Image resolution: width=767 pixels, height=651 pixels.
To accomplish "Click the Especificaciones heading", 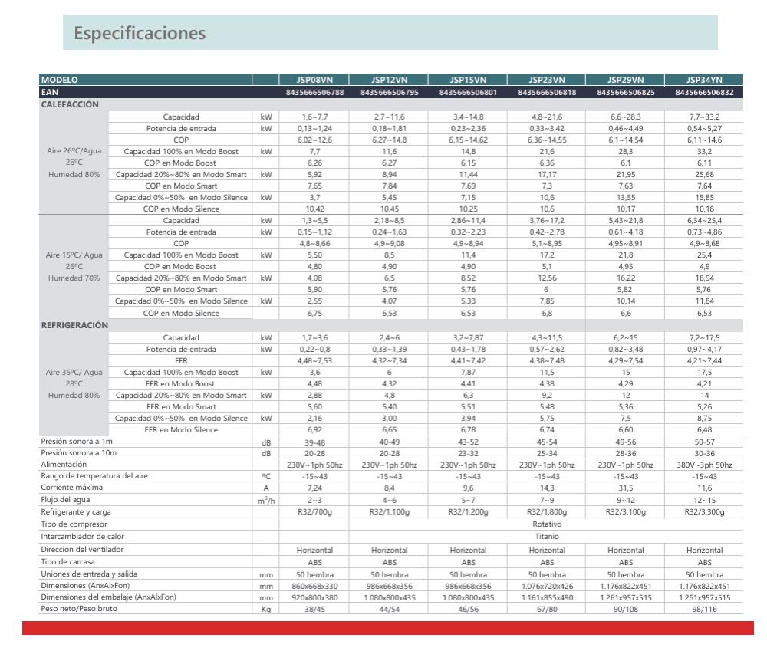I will [140, 35].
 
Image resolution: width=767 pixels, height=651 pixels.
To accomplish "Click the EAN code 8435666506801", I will [468, 92].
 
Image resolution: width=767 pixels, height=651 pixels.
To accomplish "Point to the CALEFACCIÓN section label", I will [70, 104].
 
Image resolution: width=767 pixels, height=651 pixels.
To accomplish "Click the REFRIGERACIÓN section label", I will [74, 324].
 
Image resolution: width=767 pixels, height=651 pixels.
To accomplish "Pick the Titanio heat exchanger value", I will [547, 537].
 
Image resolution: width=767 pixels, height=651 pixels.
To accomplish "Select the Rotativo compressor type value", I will [547, 524].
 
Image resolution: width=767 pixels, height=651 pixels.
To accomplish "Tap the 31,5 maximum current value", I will [626, 488].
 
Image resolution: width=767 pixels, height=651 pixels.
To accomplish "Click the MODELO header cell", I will [60, 79].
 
